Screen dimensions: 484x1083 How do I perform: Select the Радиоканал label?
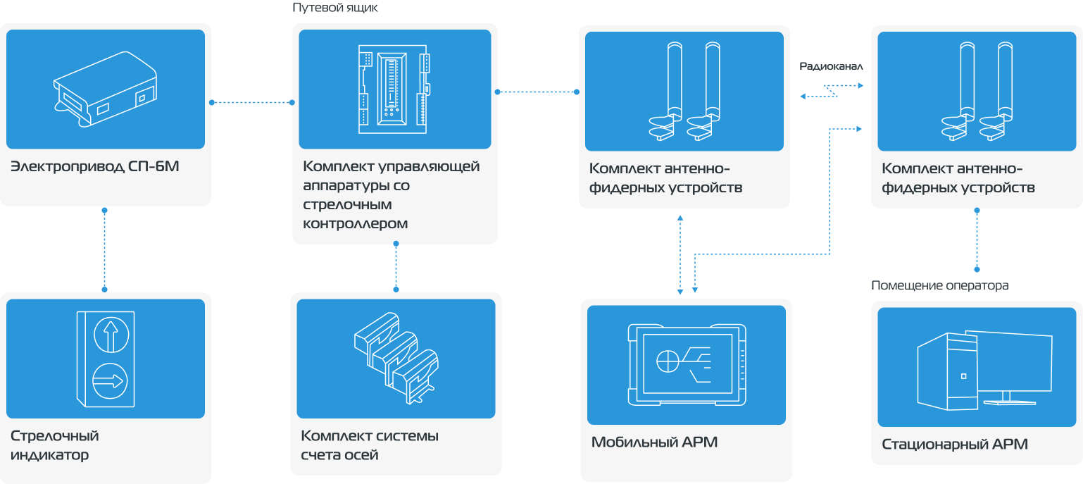pos(831,66)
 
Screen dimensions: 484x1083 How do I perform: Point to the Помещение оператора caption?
pos(939,285)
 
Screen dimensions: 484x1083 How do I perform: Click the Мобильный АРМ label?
pos(654,442)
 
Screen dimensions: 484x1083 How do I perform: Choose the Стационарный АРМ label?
pos(954,445)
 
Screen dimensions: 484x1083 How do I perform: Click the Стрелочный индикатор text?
pos(55,445)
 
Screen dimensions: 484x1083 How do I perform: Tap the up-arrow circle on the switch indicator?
pos(108,333)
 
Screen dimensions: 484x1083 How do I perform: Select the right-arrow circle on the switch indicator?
pos(108,381)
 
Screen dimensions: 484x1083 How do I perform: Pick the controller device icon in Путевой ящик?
pos(393,89)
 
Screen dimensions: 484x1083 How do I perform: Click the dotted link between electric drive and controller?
pos(251,103)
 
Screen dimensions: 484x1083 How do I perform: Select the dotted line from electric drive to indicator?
pos(104,249)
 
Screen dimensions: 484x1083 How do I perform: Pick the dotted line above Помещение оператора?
pos(976,240)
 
